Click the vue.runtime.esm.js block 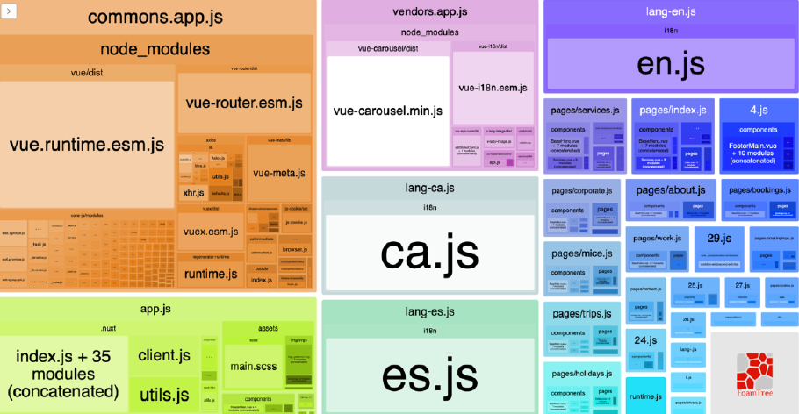tap(87, 144)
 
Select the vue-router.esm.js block tap(243, 103)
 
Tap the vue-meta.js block tap(280, 173)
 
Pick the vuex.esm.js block tap(212, 232)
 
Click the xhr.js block tap(193, 192)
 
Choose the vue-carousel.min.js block tap(387, 111)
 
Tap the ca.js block tap(429, 253)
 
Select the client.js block tap(164, 355)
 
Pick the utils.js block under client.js tap(164, 395)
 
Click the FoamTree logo tap(753, 372)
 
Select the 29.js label tap(719, 238)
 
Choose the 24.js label tap(646, 339)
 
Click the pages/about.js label tap(671, 189)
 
